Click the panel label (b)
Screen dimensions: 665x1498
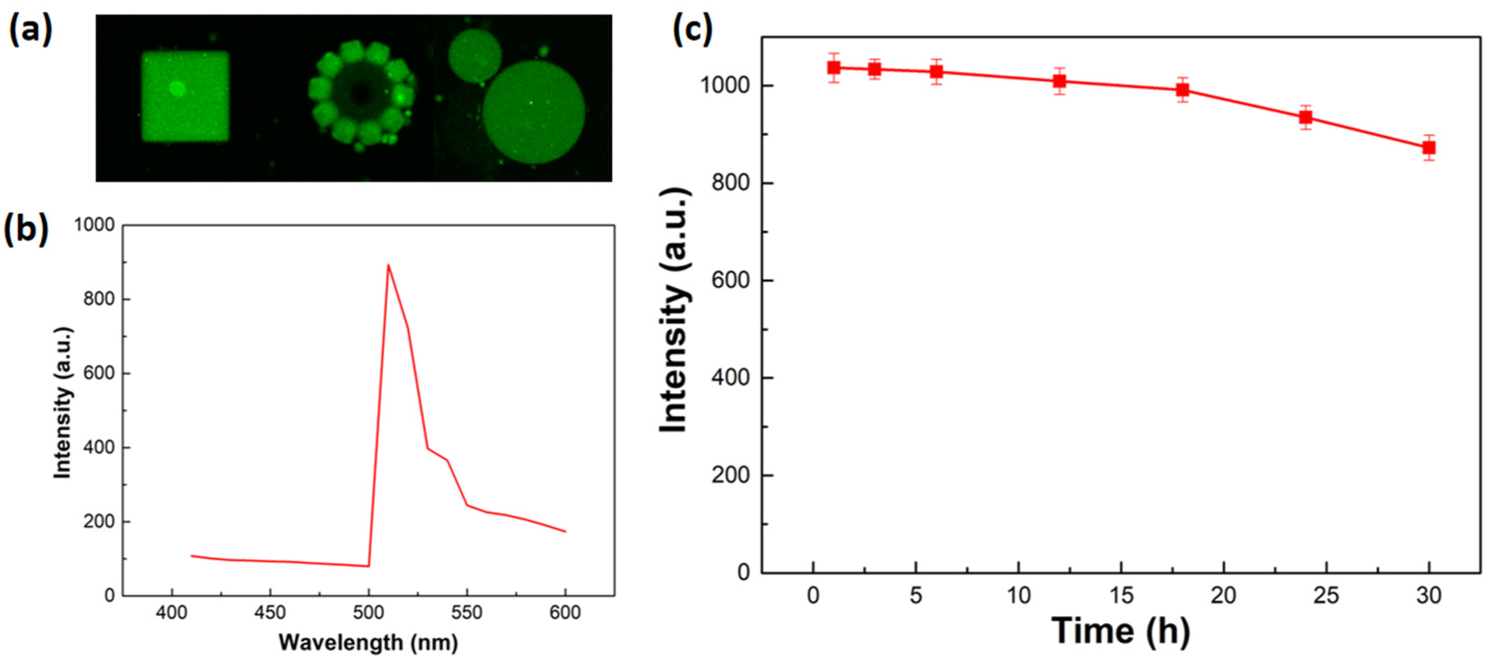(x=26, y=230)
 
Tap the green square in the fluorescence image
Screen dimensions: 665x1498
(x=185, y=96)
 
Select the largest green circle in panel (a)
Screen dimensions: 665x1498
(x=533, y=112)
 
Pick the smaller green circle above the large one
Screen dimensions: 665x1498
(x=475, y=55)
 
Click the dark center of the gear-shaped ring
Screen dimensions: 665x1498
(x=362, y=93)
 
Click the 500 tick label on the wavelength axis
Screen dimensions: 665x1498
(x=368, y=613)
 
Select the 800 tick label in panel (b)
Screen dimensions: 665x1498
(x=99, y=299)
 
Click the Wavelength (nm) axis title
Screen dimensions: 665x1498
(x=368, y=643)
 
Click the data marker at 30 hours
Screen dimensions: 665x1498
(x=1429, y=148)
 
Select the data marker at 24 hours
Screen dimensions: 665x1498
(x=1305, y=117)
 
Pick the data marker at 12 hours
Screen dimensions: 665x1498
(x=1060, y=81)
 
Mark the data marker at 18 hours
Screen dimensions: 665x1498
(x=1182, y=90)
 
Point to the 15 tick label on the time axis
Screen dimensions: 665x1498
(x=1121, y=595)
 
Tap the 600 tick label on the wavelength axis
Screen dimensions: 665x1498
(x=565, y=613)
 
